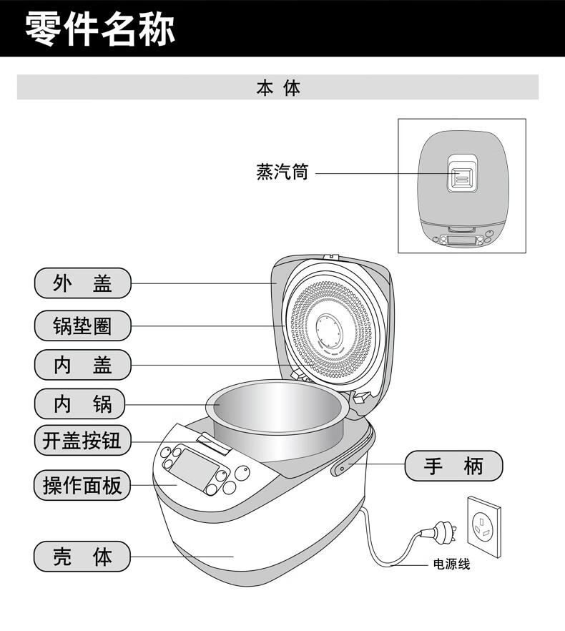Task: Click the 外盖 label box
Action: coord(83,283)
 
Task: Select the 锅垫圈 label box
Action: coord(83,326)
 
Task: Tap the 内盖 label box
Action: coord(83,365)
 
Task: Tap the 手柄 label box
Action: coord(453,466)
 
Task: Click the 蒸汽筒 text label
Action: coord(282,172)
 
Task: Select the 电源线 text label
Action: coord(451,564)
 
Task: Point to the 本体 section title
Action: coord(278,88)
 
